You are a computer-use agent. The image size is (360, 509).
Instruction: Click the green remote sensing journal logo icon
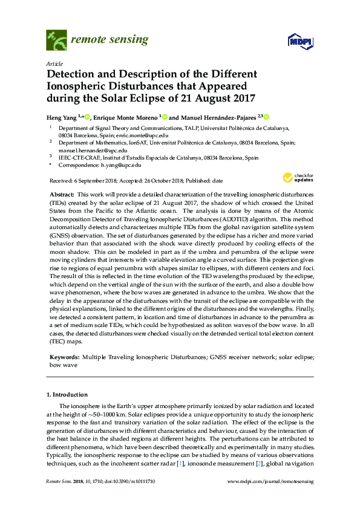point(56,41)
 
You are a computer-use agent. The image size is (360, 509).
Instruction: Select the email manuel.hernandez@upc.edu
point(93,150)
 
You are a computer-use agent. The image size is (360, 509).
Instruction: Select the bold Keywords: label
point(64,358)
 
